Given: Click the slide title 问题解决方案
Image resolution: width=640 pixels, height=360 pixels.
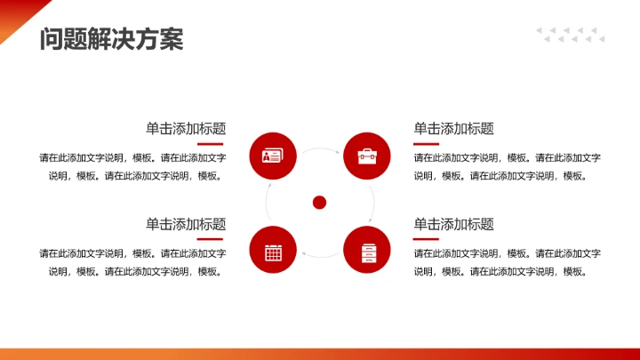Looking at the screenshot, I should click(111, 40).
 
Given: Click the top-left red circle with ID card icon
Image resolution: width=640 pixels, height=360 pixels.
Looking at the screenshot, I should click(273, 156).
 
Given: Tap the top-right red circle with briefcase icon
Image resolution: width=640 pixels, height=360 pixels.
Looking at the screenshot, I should click(367, 156).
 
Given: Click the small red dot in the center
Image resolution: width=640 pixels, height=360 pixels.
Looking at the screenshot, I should click(320, 203).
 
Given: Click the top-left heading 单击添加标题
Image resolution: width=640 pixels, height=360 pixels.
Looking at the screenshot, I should click(186, 128).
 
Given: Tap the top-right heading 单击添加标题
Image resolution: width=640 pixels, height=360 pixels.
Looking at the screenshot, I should click(453, 128).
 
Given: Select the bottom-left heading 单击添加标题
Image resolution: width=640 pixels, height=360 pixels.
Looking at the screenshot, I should click(186, 224).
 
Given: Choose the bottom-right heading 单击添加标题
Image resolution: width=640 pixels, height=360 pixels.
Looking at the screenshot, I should click(453, 224).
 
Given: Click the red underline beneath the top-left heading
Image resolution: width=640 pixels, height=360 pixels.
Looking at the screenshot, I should click(210, 143).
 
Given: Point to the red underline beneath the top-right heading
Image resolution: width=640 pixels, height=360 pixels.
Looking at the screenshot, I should click(427, 143).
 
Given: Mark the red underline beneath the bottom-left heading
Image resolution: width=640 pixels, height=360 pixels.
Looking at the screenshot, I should click(210, 238).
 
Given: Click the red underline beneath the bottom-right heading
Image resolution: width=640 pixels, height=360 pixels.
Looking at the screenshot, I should click(427, 238).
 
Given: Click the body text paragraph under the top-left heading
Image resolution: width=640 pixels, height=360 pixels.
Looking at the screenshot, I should click(133, 166).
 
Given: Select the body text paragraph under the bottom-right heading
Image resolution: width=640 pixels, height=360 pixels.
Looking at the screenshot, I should click(507, 262).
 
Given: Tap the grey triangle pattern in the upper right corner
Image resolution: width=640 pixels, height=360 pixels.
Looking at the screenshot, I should click(570, 35).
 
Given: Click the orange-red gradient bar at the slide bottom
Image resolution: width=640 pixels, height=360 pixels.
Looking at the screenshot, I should click(320, 354).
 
